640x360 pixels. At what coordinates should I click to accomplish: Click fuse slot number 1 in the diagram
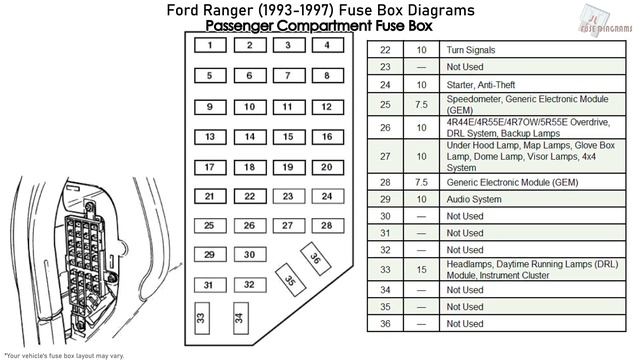(209, 45)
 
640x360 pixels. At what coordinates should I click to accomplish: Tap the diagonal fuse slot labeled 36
(315, 258)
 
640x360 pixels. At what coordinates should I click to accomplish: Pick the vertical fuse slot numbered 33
(201, 320)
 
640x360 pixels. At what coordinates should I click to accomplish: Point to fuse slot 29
(209, 255)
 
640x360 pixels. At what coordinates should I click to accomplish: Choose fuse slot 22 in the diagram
(249, 196)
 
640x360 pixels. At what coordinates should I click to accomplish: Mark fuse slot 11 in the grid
(287, 106)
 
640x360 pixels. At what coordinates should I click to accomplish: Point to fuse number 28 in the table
(385, 182)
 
